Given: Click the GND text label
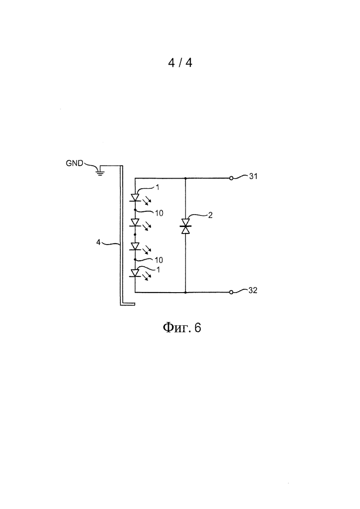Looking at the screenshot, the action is [x=74, y=163].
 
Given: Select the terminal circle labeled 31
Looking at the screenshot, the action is [x=231, y=178].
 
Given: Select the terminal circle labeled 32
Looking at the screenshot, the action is [x=231, y=292].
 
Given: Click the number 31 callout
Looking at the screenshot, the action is [x=253, y=176].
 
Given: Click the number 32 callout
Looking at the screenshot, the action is [x=253, y=290].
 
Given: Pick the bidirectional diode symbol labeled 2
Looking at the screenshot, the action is [x=186, y=226].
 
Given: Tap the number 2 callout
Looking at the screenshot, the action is [x=210, y=215].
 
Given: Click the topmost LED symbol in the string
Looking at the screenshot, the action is [x=135, y=198].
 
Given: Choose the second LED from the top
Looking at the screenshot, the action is [x=135, y=223].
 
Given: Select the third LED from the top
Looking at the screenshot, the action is [x=135, y=247].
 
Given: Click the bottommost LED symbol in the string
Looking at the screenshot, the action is [x=135, y=273].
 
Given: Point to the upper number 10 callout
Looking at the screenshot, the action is [x=159, y=213].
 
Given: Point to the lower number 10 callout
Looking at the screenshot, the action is [x=159, y=260].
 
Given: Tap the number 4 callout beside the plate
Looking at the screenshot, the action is [x=98, y=242].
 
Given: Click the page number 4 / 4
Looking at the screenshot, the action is [x=180, y=62].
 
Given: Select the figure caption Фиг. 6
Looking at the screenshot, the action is [x=182, y=327].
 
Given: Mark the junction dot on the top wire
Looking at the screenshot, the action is [x=186, y=178].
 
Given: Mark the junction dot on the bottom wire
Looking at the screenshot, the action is [x=186, y=292].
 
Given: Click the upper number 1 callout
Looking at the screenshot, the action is [x=157, y=187].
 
